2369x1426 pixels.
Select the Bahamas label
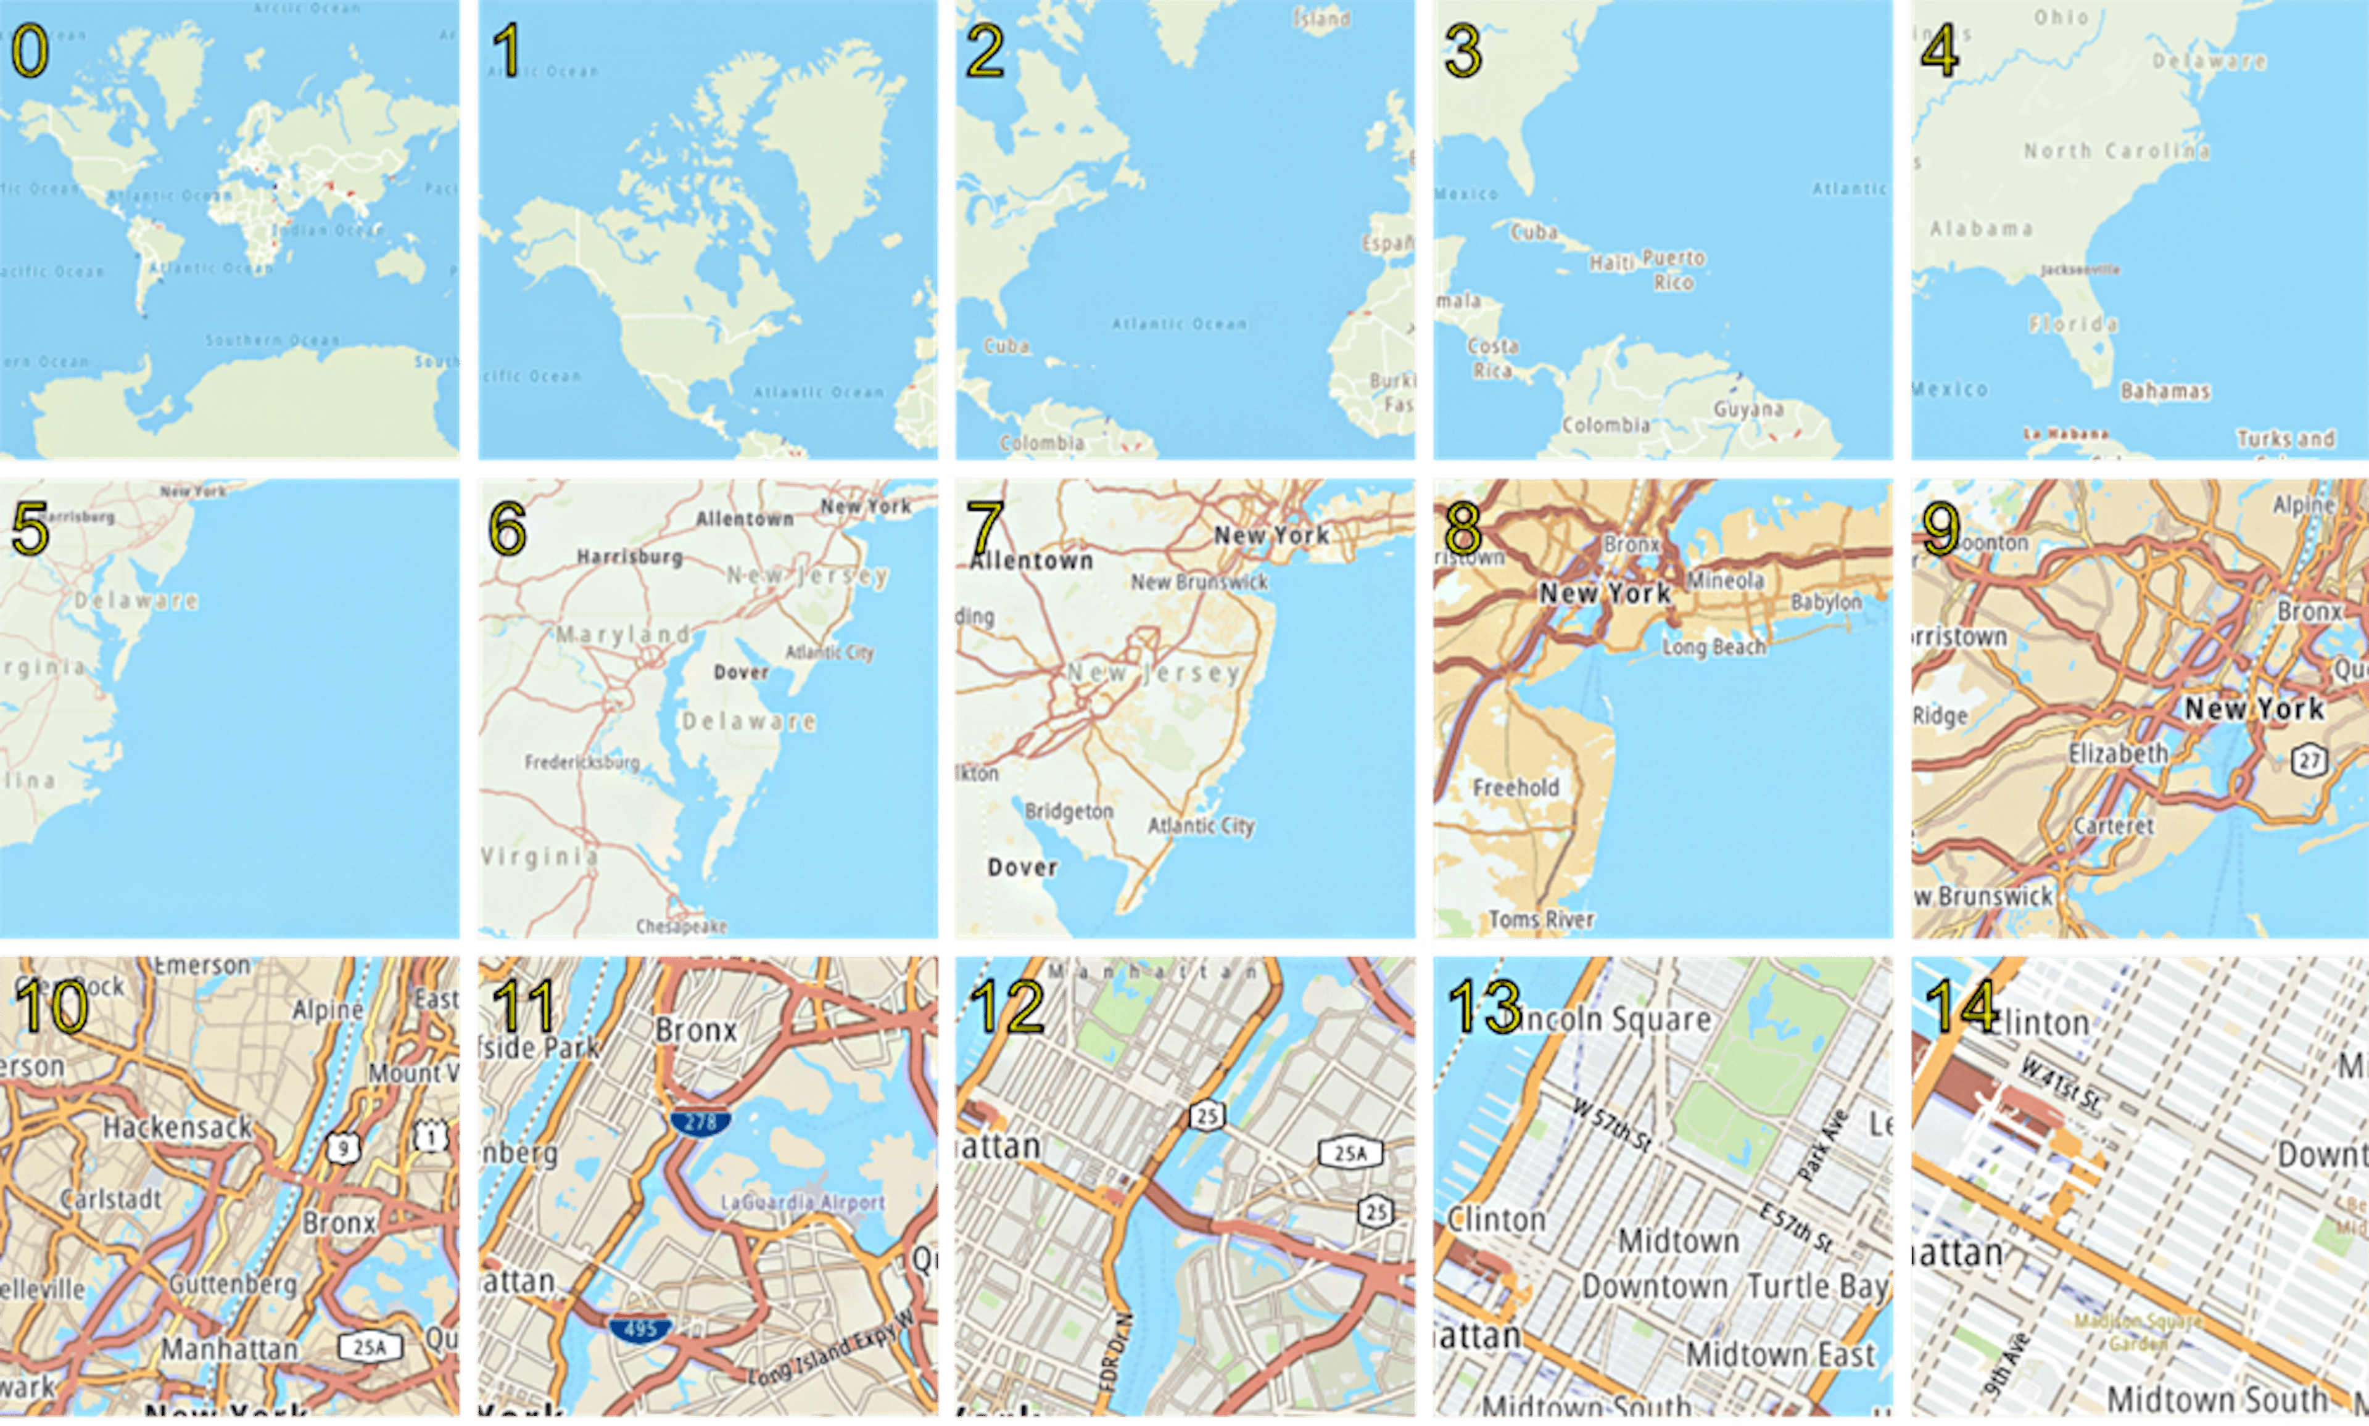tap(2165, 391)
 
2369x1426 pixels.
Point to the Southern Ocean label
tap(272, 340)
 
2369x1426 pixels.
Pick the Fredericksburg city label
tap(581, 762)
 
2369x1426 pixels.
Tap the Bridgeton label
tap(1069, 811)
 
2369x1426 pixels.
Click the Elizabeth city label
tap(2118, 753)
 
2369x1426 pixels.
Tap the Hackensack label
tap(178, 1127)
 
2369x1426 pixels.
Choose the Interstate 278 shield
tap(701, 1121)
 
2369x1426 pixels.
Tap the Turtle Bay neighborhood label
tap(1816, 1286)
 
